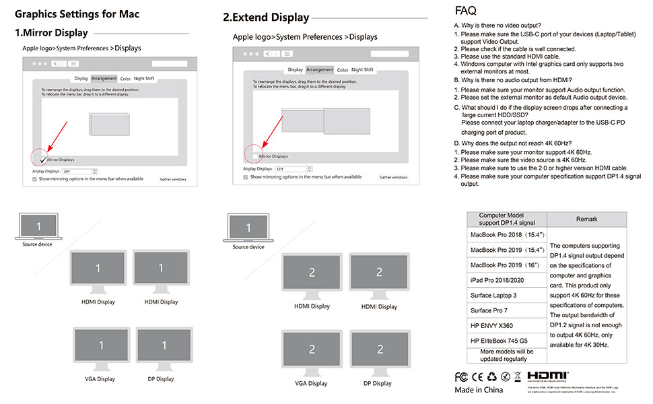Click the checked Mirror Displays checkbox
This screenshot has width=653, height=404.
click(x=43, y=159)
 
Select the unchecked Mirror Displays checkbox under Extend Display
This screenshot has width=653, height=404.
click(x=254, y=156)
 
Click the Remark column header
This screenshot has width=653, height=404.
click(x=586, y=219)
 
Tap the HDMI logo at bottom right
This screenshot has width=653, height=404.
click(x=547, y=376)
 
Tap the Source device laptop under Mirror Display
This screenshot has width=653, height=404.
click(x=38, y=227)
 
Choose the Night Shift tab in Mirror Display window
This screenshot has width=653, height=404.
click(x=144, y=79)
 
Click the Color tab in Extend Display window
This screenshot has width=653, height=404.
click(x=343, y=69)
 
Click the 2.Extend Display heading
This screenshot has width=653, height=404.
click(x=266, y=18)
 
